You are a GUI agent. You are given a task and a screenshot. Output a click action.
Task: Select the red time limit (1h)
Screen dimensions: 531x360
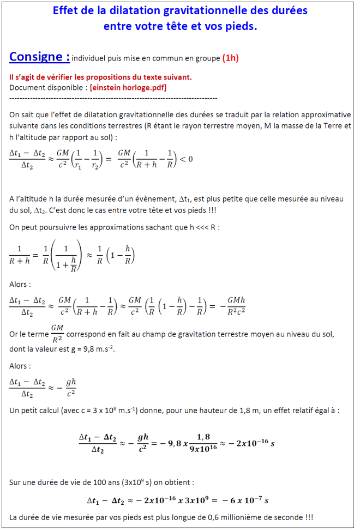(230, 58)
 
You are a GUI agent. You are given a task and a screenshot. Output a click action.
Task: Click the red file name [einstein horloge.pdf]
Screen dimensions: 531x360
(128, 87)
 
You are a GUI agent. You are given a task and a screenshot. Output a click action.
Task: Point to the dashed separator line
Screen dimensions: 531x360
(113, 98)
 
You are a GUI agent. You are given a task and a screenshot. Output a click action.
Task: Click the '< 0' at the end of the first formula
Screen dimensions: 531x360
(187, 159)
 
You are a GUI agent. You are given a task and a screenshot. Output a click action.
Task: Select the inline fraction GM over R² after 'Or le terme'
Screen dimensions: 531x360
(57, 333)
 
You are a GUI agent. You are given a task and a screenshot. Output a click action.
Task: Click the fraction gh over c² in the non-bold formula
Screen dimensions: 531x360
(70, 387)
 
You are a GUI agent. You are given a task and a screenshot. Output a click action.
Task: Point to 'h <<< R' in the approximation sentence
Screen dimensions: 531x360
(204, 226)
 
